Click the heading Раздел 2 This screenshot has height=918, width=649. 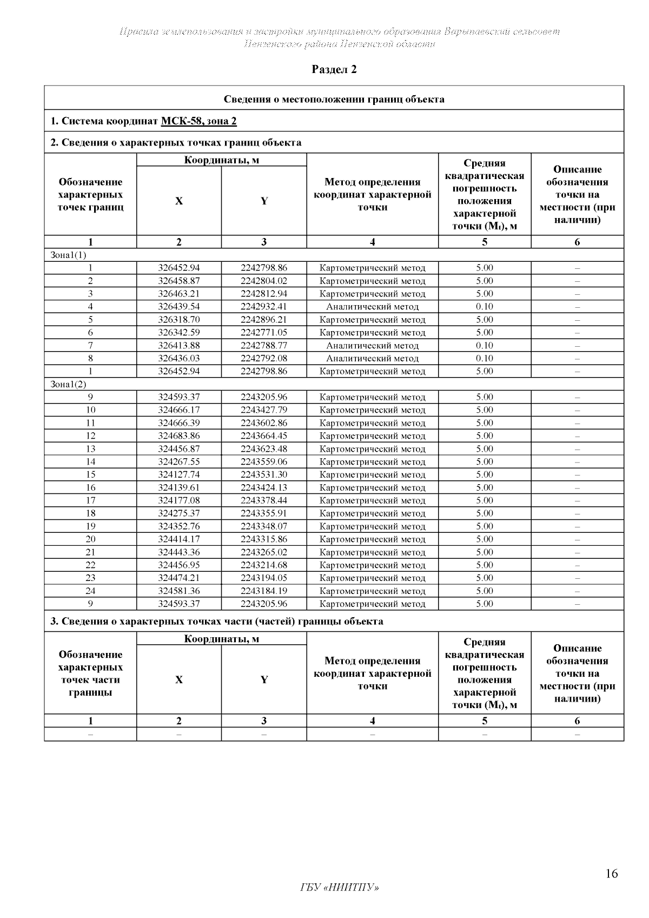coord(335,69)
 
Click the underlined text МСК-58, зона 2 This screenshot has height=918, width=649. coord(198,121)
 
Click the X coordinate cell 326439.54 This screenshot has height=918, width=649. coord(179,307)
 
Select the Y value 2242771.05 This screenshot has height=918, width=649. coord(264,333)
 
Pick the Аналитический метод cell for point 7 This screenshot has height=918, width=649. coord(372,346)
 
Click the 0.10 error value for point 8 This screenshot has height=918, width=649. coord(485,358)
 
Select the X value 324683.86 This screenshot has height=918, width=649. coord(179,436)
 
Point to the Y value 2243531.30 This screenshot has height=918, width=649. coord(264,474)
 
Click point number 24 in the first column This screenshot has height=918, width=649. coord(90,591)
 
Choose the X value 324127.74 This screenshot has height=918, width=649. coord(179,474)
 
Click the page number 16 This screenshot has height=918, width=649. coord(612,874)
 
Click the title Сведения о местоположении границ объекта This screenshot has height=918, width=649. coord(334,99)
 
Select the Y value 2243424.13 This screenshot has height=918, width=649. coord(264,487)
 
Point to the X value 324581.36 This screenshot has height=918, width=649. coord(179,591)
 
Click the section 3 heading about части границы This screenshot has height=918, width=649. coord(217,621)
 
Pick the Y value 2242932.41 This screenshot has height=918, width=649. coord(264,307)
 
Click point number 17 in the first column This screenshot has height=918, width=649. coord(90,500)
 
